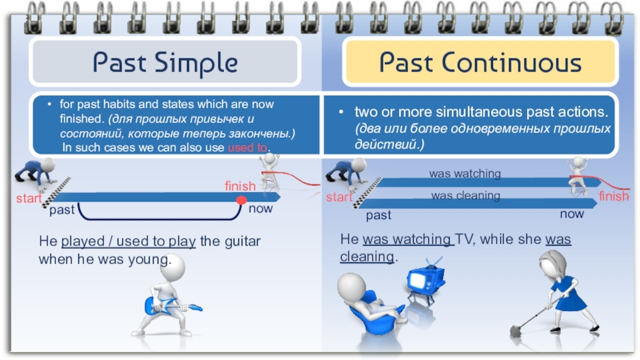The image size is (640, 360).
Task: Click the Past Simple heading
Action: pyautogui.click(x=165, y=62)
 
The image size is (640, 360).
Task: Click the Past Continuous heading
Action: pyautogui.click(x=480, y=62)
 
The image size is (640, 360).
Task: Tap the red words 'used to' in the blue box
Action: pyautogui.click(x=248, y=149)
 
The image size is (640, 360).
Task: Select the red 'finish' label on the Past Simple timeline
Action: pyautogui.click(x=240, y=186)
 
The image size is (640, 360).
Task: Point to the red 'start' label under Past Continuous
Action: pyautogui.click(x=338, y=197)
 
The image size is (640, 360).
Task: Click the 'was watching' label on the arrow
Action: pyautogui.click(x=465, y=174)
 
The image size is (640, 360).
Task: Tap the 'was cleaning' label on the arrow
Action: pyautogui.click(x=466, y=195)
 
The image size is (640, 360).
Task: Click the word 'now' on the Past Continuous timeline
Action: pyautogui.click(x=572, y=214)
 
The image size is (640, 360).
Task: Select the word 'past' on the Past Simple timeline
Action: pyautogui.click(x=62, y=210)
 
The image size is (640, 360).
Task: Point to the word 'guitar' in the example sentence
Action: pyautogui.click(x=245, y=241)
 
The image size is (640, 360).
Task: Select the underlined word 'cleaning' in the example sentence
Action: pyautogui.click(x=367, y=257)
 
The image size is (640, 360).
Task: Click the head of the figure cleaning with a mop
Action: pyautogui.click(x=552, y=264)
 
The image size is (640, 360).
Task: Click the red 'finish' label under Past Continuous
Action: pyautogui.click(x=614, y=197)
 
